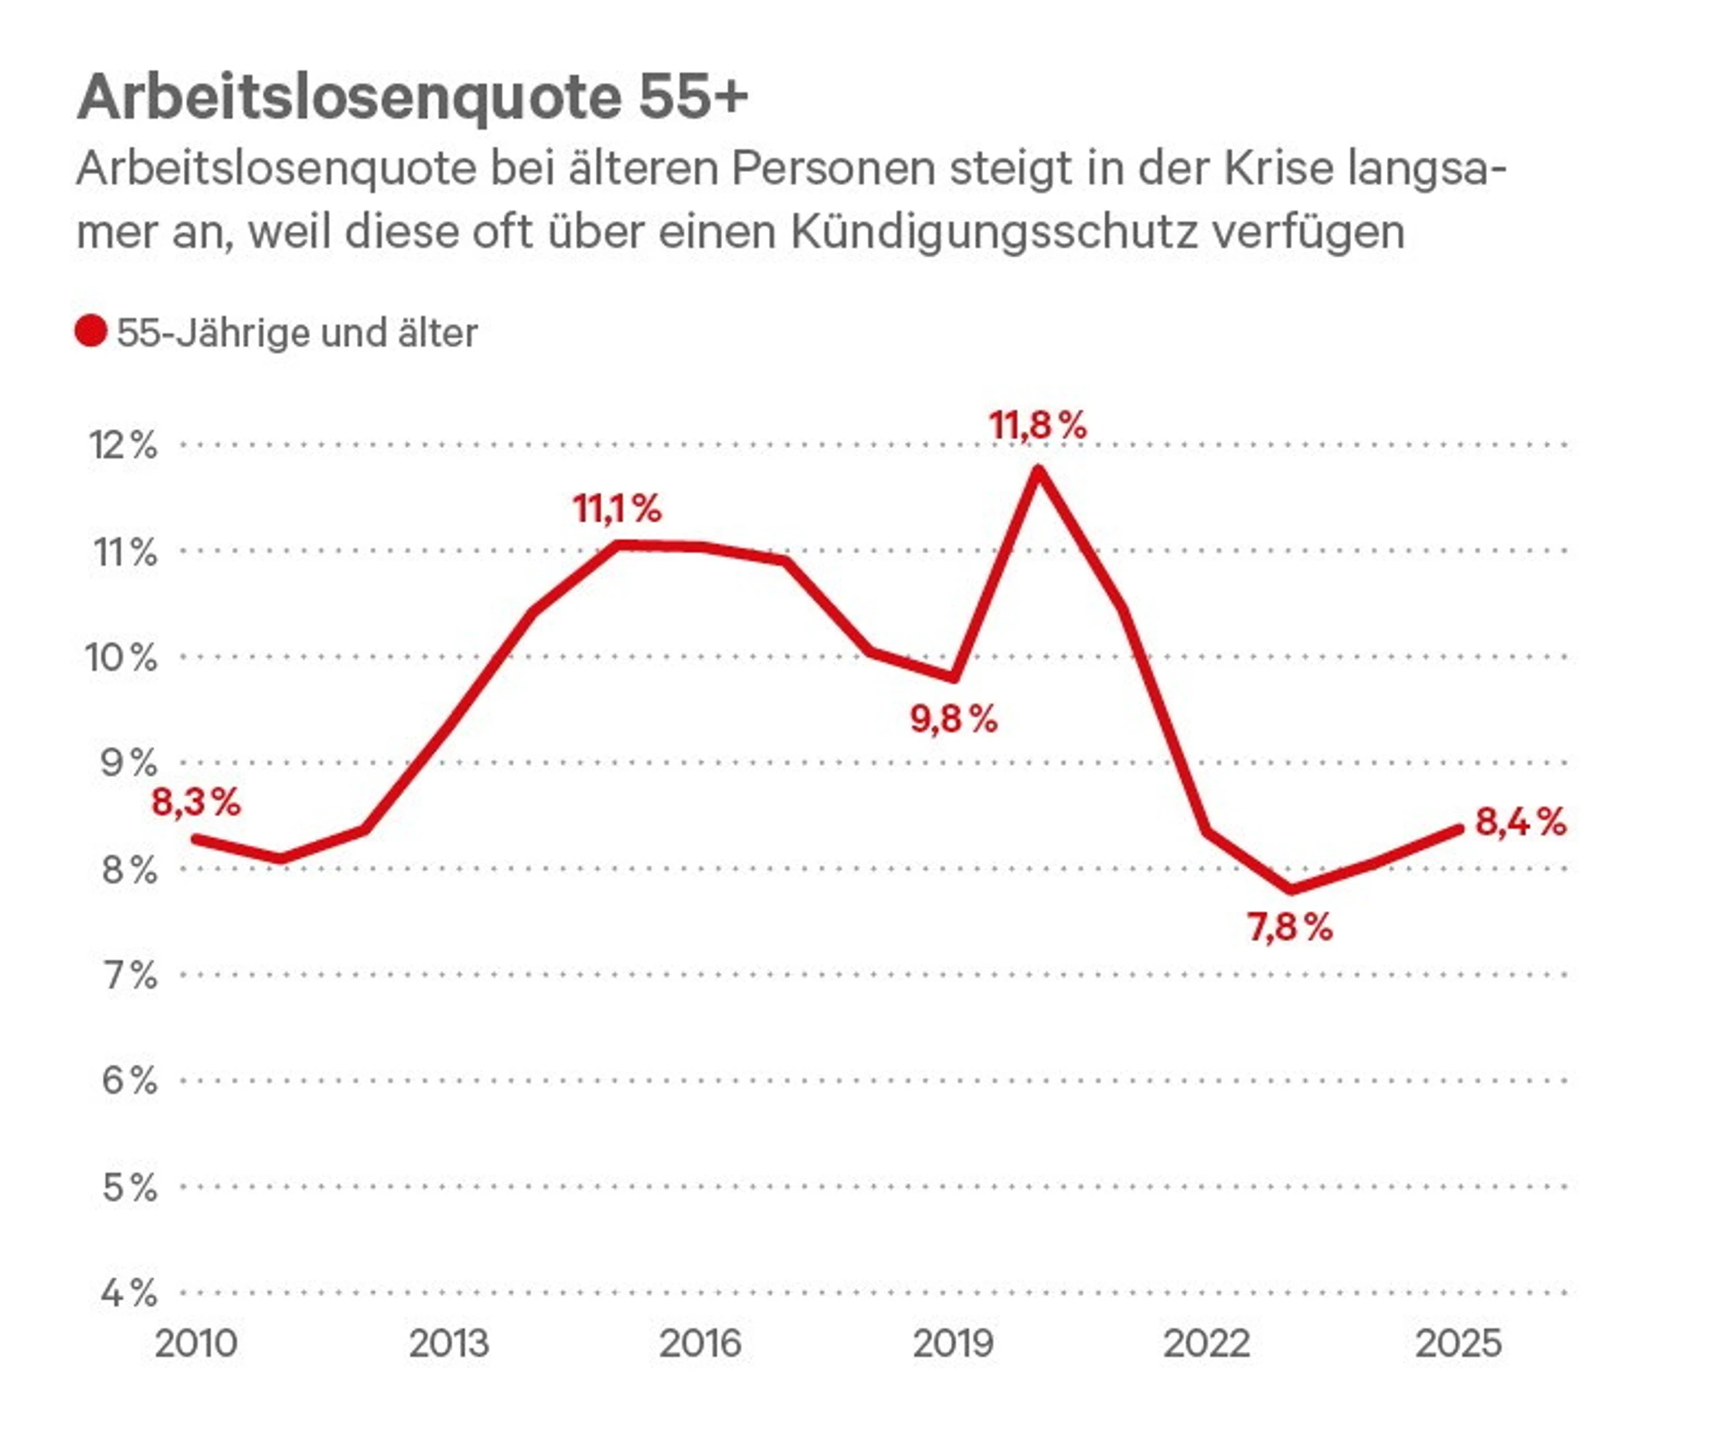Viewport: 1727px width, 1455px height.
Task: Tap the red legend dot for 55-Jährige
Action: [x=90, y=332]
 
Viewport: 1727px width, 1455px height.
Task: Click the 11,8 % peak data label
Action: [x=1038, y=426]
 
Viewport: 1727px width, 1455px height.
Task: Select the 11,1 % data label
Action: [x=617, y=508]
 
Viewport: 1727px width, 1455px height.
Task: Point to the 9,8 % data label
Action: [x=953, y=719]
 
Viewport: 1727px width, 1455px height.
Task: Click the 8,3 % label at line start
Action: [x=196, y=802]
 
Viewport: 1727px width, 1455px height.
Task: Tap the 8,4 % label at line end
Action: [x=1520, y=822]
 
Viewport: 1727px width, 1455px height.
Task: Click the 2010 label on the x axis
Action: [x=196, y=1344]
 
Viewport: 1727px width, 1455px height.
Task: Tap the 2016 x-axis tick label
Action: [x=700, y=1344]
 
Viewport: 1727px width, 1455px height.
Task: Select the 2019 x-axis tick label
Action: [x=953, y=1344]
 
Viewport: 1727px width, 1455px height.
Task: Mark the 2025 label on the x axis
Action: [x=1458, y=1344]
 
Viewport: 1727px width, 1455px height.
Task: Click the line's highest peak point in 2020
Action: [x=1038, y=470]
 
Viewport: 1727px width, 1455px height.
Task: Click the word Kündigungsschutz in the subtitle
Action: [x=993, y=232]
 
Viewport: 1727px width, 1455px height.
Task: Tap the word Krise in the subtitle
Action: [x=1278, y=169]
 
